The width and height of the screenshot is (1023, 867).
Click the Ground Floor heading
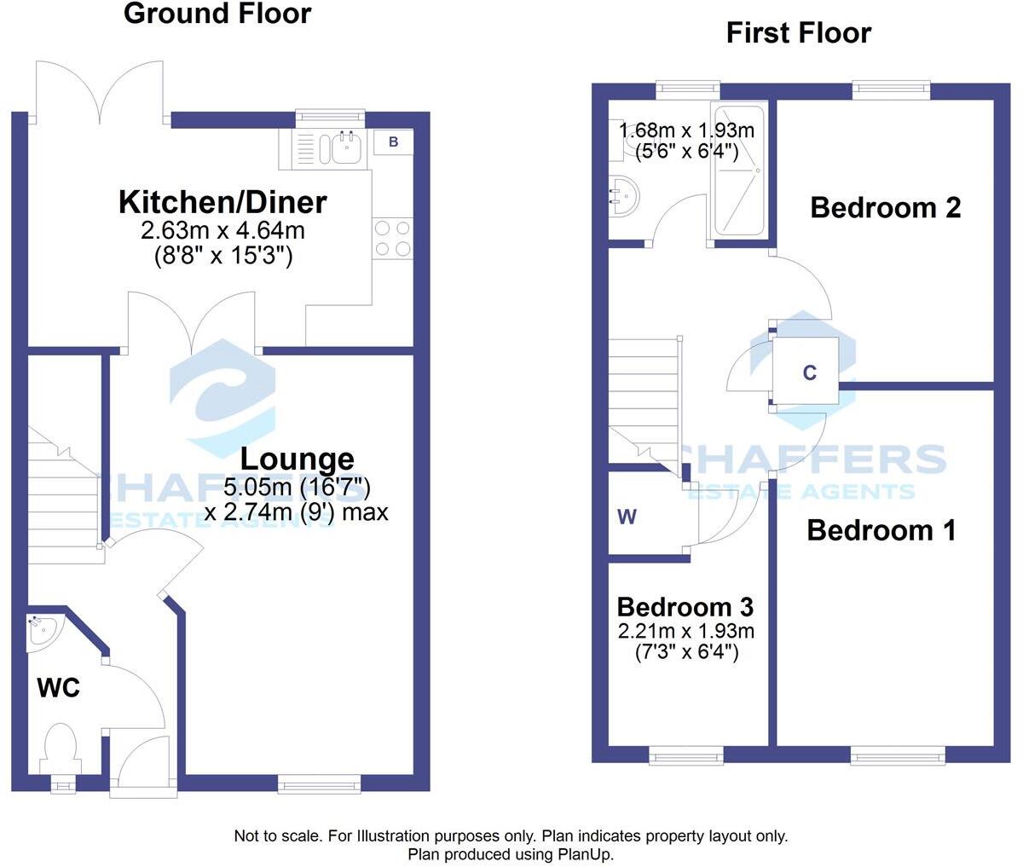pyautogui.click(x=217, y=14)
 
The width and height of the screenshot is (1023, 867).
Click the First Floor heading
pyautogui.click(x=798, y=33)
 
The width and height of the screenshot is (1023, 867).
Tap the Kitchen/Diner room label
pyautogui.click(x=223, y=203)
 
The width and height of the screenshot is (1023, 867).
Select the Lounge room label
pyautogui.click(x=297, y=459)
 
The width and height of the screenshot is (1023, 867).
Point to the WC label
pyautogui.click(x=58, y=687)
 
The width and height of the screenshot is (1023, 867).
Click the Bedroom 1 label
pyautogui.click(x=881, y=530)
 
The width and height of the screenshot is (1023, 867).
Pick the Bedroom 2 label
pyautogui.click(x=885, y=207)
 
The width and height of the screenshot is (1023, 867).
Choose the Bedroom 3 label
pyautogui.click(x=685, y=607)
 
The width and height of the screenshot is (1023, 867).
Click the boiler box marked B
pyautogui.click(x=393, y=142)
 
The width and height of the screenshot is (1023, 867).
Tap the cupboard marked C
pyautogui.click(x=809, y=373)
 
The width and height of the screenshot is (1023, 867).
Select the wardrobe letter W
pyautogui.click(x=627, y=517)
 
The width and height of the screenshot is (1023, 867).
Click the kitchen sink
pyautogui.click(x=344, y=148)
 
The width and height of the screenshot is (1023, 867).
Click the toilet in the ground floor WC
pyautogui.click(x=60, y=744)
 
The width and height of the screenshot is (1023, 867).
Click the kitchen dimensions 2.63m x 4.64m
pyautogui.click(x=223, y=230)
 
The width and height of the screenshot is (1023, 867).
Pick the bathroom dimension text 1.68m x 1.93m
pyautogui.click(x=687, y=131)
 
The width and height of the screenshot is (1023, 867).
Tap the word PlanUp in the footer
pyautogui.click(x=587, y=853)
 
